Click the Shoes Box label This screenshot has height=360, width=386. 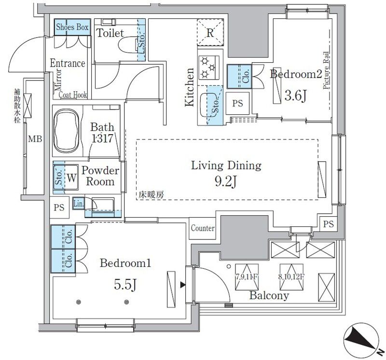pyautogui.click(x=72, y=28)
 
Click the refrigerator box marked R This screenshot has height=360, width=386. pyautogui.click(x=210, y=33)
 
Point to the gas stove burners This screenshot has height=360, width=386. pyautogui.click(x=208, y=67)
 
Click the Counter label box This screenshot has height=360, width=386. pyautogui.click(x=203, y=228)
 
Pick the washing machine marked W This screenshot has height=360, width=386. pyautogui.click(x=71, y=177)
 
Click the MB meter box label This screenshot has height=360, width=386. pyautogui.click(x=35, y=140)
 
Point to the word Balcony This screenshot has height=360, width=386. pyautogui.click(x=269, y=296)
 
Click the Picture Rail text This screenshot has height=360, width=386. pyautogui.click(x=327, y=72)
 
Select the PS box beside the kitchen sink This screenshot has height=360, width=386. pyautogui.click(x=237, y=103)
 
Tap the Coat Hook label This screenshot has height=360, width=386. pyautogui.click(x=73, y=95)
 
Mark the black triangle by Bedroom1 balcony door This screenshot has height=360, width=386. pyautogui.click(x=182, y=285)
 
